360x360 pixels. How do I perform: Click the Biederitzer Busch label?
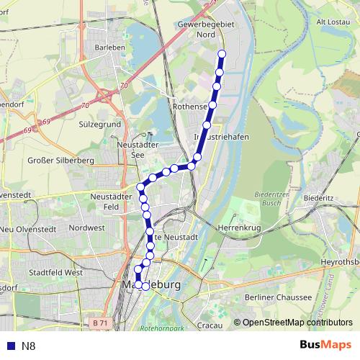273,199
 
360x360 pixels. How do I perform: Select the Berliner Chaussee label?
279,297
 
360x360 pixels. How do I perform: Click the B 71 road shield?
100,324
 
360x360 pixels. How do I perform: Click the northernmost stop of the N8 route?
221,54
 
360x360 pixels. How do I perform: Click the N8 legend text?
28,346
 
